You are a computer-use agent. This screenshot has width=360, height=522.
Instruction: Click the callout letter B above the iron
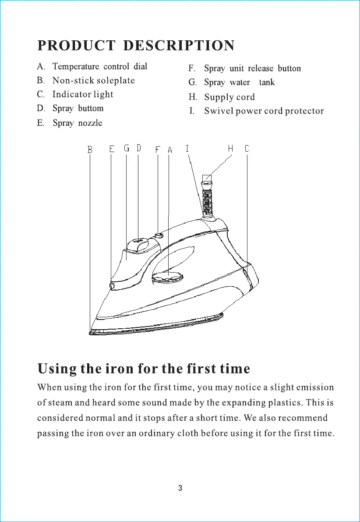(x=90, y=150)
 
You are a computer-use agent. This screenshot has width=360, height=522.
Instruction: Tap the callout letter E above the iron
(x=112, y=149)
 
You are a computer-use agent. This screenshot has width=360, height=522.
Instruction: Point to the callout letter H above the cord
(x=230, y=149)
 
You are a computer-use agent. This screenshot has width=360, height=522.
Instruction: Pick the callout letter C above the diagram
(x=247, y=149)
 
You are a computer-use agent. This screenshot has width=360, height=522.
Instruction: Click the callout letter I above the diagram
(x=187, y=149)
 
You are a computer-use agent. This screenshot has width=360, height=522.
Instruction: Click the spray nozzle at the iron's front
(x=112, y=286)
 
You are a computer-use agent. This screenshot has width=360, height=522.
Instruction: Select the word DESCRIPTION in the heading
(x=179, y=46)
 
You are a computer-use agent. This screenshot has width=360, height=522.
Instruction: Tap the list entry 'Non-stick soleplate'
(x=93, y=81)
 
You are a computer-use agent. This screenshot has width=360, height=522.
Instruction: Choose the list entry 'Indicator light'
(x=83, y=95)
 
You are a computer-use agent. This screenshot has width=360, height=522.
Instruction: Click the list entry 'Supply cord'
(x=229, y=97)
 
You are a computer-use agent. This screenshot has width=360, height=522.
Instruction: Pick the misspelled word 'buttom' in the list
(x=91, y=108)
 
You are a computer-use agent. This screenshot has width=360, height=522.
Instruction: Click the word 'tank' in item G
(x=267, y=82)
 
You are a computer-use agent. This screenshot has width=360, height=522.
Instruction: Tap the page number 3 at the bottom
(x=180, y=488)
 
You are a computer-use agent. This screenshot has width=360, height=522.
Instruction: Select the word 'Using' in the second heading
(x=56, y=369)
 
